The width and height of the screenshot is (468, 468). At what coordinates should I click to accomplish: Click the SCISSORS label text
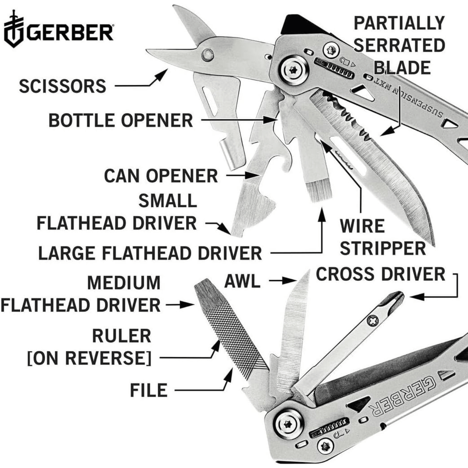[x=62, y=86]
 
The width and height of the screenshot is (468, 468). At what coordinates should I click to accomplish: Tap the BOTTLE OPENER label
[x=120, y=121]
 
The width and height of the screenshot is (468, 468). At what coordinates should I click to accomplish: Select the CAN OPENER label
[x=161, y=176]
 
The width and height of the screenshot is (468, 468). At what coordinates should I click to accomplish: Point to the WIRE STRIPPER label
[x=382, y=237]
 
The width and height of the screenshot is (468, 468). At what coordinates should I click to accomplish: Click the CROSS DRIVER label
[x=380, y=274]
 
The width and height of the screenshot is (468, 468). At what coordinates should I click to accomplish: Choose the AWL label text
[x=242, y=282]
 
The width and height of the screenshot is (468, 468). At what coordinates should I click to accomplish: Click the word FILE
[x=148, y=391]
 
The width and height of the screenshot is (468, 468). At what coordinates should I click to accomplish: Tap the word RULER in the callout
[x=121, y=336]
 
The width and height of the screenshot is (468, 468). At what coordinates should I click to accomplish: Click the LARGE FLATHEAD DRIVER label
[x=150, y=253]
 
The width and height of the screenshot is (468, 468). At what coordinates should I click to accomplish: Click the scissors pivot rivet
[x=208, y=55]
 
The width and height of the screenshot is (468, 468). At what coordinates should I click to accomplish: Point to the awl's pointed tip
[x=308, y=272]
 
